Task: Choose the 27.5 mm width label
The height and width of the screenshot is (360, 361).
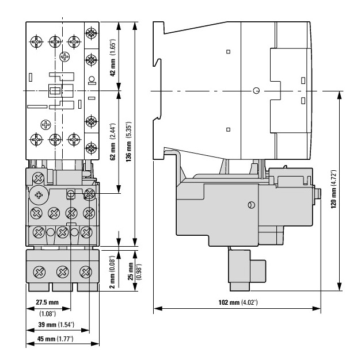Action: point(48,302)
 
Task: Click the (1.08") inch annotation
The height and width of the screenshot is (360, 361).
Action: point(47,313)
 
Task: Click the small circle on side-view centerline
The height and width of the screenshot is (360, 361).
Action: point(256,91)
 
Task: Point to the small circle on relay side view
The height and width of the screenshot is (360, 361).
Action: point(250,205)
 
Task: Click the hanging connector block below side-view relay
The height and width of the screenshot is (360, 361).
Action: point(246,271)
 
